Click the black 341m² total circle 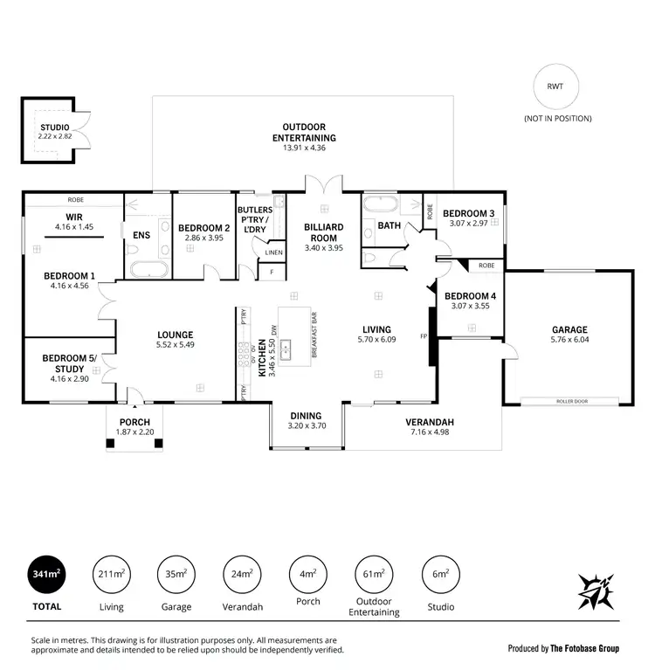tap(45, 574)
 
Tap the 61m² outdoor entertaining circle tap(374, 574)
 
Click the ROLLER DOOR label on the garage tap(572, 401)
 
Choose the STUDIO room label tap(54, 128)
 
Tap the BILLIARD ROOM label tap(324, 231)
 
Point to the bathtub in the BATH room tap(381, 206)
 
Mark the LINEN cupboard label tap(273, 252)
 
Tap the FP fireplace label tap(424, 336)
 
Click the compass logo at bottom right tap(596, 591)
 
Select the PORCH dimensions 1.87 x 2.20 tap(134, 432)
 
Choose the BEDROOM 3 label tap(468, 214)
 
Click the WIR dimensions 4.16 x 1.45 tap(73, 227)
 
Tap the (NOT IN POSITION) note tap(557, 118)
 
